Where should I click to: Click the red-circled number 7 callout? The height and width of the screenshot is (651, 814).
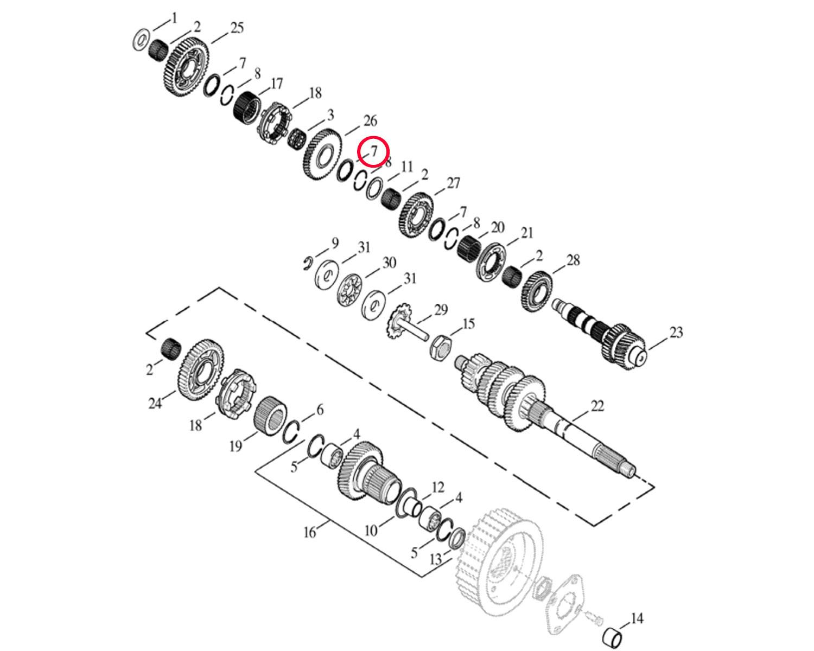pos(374,151)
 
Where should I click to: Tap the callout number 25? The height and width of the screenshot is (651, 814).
pos(237,28)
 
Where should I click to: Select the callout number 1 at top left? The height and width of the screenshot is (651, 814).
pos(174,18)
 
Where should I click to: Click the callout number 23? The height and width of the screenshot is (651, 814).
pos(676,333)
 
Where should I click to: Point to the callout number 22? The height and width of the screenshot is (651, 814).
pos(597,406)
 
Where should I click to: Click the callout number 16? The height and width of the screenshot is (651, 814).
pos(310,532)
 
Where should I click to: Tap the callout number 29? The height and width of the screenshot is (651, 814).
pos(441,310)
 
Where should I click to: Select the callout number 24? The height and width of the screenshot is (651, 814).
pos(155,404)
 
